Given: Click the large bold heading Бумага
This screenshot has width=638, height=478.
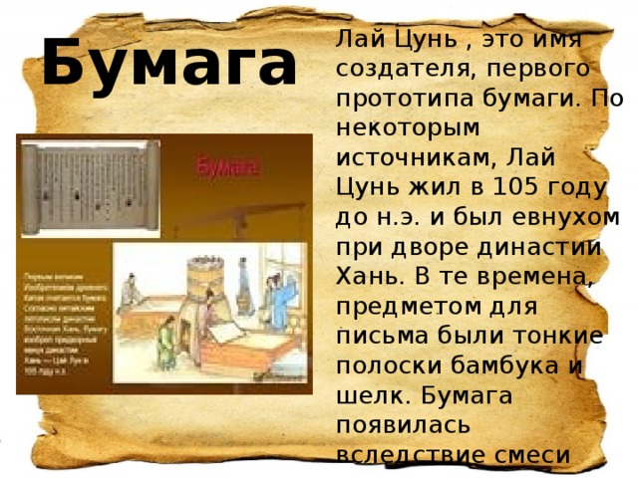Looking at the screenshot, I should point(168,63).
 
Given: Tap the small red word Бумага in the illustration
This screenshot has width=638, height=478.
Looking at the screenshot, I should point(228,167).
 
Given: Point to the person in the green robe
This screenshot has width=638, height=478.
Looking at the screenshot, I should point(170,339).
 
